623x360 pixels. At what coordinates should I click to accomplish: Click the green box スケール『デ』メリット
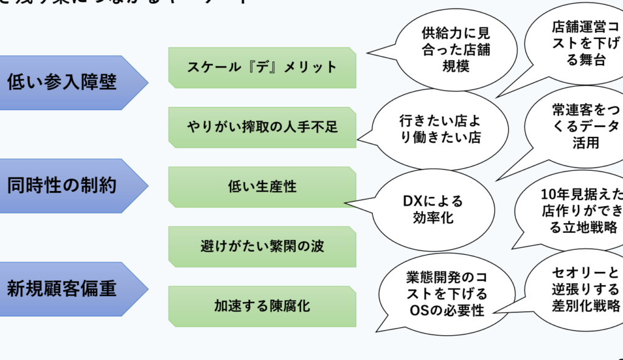pyautogui.click(x=262, y=67)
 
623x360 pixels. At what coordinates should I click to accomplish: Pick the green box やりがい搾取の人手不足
pyautogui.click(x=262, y=127)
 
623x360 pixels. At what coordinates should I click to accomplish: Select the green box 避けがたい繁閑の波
pyautogui.click(x=262, y=246)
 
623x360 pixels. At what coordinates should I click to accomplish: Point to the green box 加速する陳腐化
pyautogui.click(x=262, y=306)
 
